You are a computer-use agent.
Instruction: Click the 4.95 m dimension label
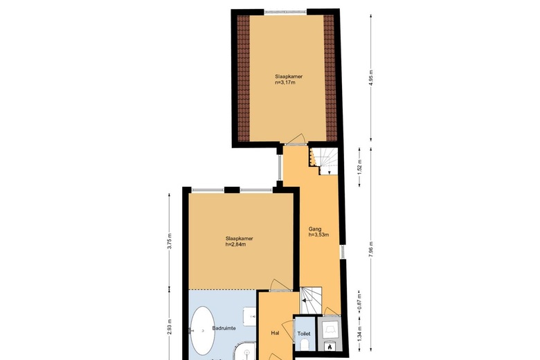[371, 78]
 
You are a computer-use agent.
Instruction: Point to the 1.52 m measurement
[359, 167]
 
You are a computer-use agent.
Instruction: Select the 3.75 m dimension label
[170, 241]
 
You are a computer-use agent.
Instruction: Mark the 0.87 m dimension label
[359, 300]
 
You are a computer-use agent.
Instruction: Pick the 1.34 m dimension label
[359, 334]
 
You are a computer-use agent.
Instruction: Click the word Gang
[315, 229]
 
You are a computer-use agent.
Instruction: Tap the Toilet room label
[304, 334]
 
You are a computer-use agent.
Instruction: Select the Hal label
[275, 333]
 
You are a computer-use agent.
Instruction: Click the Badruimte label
[224, 328]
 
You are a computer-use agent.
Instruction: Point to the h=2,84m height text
[235, 244]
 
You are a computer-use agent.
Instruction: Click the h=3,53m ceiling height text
[318, 235]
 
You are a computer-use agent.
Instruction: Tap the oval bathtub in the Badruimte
[203, 331]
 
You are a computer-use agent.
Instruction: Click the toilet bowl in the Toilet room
[305, 345]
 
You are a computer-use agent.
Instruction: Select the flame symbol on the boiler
[329, 346]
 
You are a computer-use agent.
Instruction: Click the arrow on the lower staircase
[305, 300]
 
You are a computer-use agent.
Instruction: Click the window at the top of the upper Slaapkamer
[285, 12]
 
